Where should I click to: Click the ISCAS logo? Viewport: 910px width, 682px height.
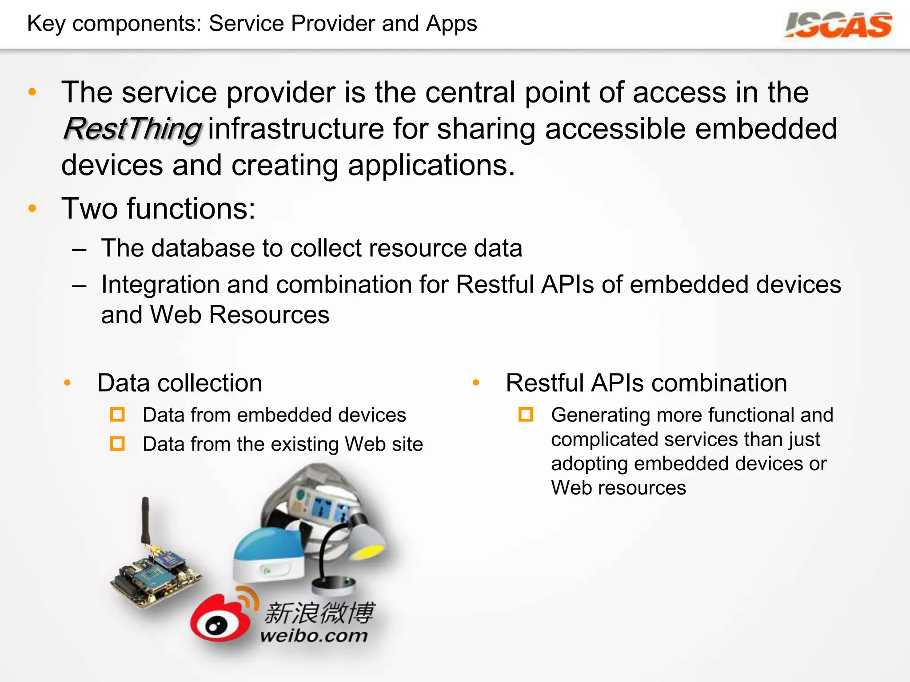click(x=838, y=25)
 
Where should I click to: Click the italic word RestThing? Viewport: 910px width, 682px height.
click(x=132, y=129)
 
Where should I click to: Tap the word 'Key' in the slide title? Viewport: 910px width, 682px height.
click(x=46, y=24)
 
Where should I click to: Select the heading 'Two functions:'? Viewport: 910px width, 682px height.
click(x=159, y=209)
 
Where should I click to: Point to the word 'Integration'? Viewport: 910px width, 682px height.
click(x=160, y=285)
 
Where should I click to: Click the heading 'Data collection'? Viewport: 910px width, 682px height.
click(x=180, y=383)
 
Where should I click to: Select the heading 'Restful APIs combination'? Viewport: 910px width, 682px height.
click(x=646, y=383)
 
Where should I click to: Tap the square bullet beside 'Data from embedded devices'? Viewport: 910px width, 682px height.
click(x=117, y=415)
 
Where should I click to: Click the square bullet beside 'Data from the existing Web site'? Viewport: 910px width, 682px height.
click(x=117, y=444)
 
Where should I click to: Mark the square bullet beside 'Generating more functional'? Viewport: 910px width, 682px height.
click(x=526, y=415)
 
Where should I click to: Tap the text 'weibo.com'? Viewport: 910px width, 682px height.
click(x=314, y=635)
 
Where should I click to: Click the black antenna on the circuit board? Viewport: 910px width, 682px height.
click(x=145, y=519)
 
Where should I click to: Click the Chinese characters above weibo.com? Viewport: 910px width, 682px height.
click(x=319, y=613)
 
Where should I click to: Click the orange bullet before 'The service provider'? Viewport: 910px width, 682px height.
click(x=32, y=92)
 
